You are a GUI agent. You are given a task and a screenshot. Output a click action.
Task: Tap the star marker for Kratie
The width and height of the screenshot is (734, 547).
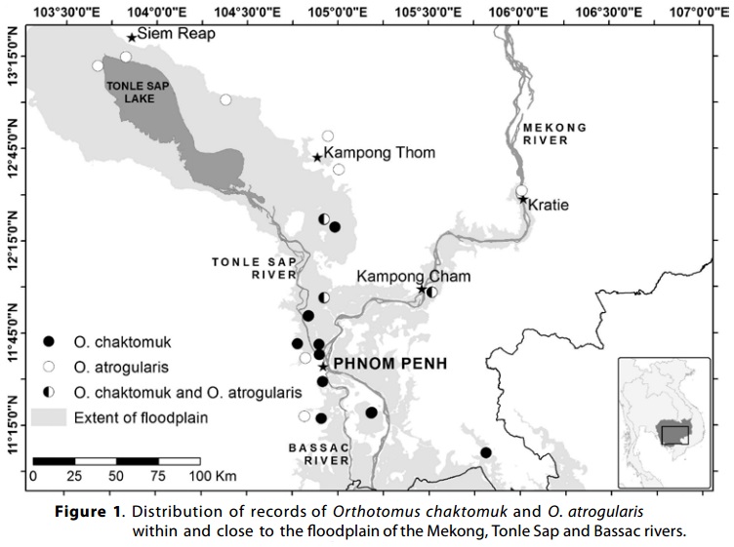click(523, 200)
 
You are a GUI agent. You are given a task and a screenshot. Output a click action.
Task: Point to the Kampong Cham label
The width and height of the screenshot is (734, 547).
click(413, 277)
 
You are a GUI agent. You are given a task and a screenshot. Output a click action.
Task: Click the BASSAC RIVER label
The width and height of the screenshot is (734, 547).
click(319, 453)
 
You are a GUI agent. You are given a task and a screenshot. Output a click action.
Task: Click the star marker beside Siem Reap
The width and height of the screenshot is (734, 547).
click(132, 38)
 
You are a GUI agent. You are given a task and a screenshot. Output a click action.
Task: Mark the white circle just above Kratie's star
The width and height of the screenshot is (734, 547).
click(522, 190)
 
